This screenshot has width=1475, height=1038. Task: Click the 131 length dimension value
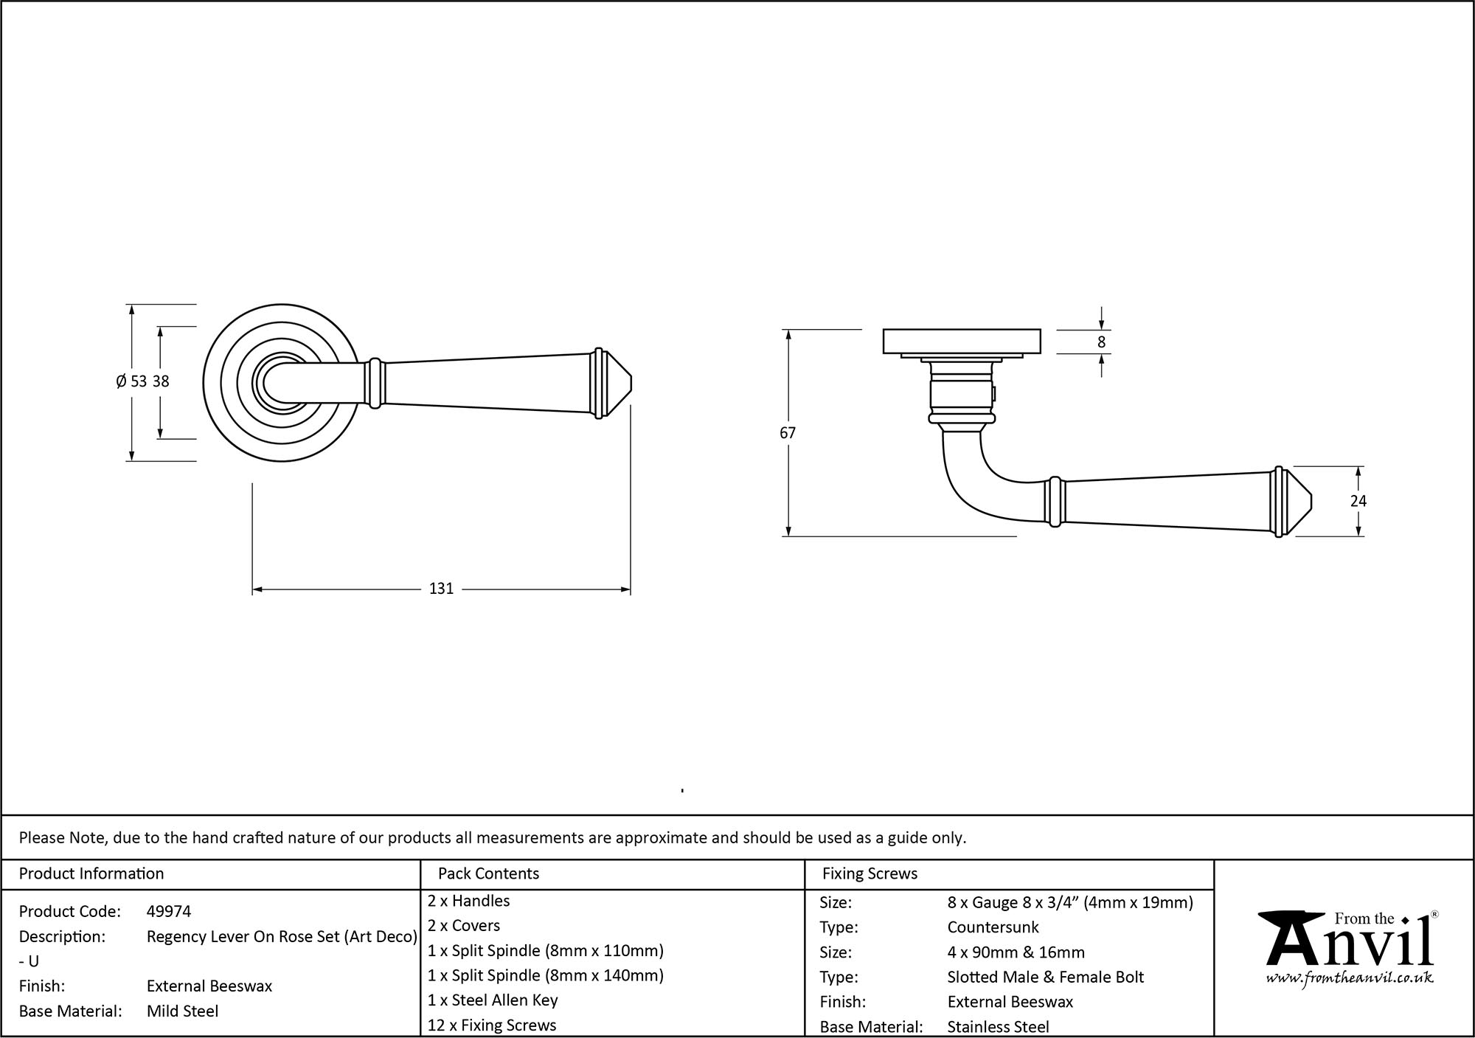click(441, 589)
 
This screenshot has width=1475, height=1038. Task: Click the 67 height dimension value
click(788, 433)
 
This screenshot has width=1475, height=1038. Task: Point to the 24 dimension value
click(1358, 501)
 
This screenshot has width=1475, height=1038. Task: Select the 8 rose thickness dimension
click(1102, 342)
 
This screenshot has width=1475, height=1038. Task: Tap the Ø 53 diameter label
click(131, 381)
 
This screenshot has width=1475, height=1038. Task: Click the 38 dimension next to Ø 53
click(161, 381)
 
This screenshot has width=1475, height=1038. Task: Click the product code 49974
click(169, 911)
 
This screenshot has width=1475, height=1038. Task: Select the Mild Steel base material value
click(182, 1011)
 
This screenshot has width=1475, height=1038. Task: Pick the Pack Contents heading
click(488, 873)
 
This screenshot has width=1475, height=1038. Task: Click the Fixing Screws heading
click(870, 873)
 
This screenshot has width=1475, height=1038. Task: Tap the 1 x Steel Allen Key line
click(493, 1000)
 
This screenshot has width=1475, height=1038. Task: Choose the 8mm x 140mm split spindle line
click(546, 975)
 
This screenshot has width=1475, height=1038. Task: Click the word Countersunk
click(993, 927)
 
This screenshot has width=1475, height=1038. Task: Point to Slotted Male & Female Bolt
click(1045, 977)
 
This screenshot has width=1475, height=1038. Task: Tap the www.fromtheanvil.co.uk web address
click(1349, 978)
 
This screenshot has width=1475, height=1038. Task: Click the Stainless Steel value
click(998, 1026)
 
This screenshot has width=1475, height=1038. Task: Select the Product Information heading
click(91, 873)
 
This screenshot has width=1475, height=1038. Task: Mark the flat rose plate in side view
click(962, 341)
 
